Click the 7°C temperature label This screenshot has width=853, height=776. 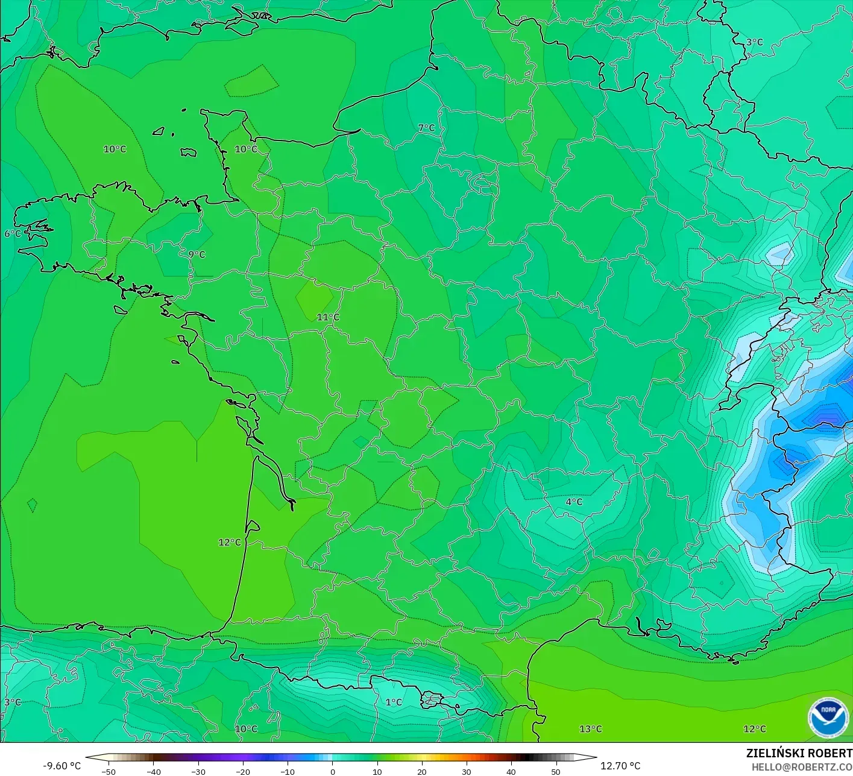pos(426,128)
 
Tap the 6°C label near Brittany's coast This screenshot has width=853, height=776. pos(13,233)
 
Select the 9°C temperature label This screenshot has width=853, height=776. pos(197,254)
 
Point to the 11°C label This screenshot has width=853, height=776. pos(328,317)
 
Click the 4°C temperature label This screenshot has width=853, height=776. pos(574,502)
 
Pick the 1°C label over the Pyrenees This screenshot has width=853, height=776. pos(394,702)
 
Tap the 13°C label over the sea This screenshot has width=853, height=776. pos(590,729)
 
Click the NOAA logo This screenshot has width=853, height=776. pos(828,718)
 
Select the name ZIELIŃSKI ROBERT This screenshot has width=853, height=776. pos(799,753)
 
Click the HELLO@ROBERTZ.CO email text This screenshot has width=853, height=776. pos(802,767)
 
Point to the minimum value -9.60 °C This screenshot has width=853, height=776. pos(61,766)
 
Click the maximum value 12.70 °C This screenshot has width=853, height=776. pos(620,766)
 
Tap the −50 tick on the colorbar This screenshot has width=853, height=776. pos(109,771)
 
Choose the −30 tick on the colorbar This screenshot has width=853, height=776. pos(198,771)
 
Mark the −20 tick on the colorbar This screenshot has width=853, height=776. pos(243,771)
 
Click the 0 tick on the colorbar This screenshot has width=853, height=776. pos(333,771)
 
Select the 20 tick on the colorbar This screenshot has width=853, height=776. pos(422,771)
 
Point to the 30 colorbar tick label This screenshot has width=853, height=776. pos(467,771)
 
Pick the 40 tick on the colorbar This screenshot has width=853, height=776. pos(511,771)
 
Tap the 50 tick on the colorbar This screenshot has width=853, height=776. pos(556,771)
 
